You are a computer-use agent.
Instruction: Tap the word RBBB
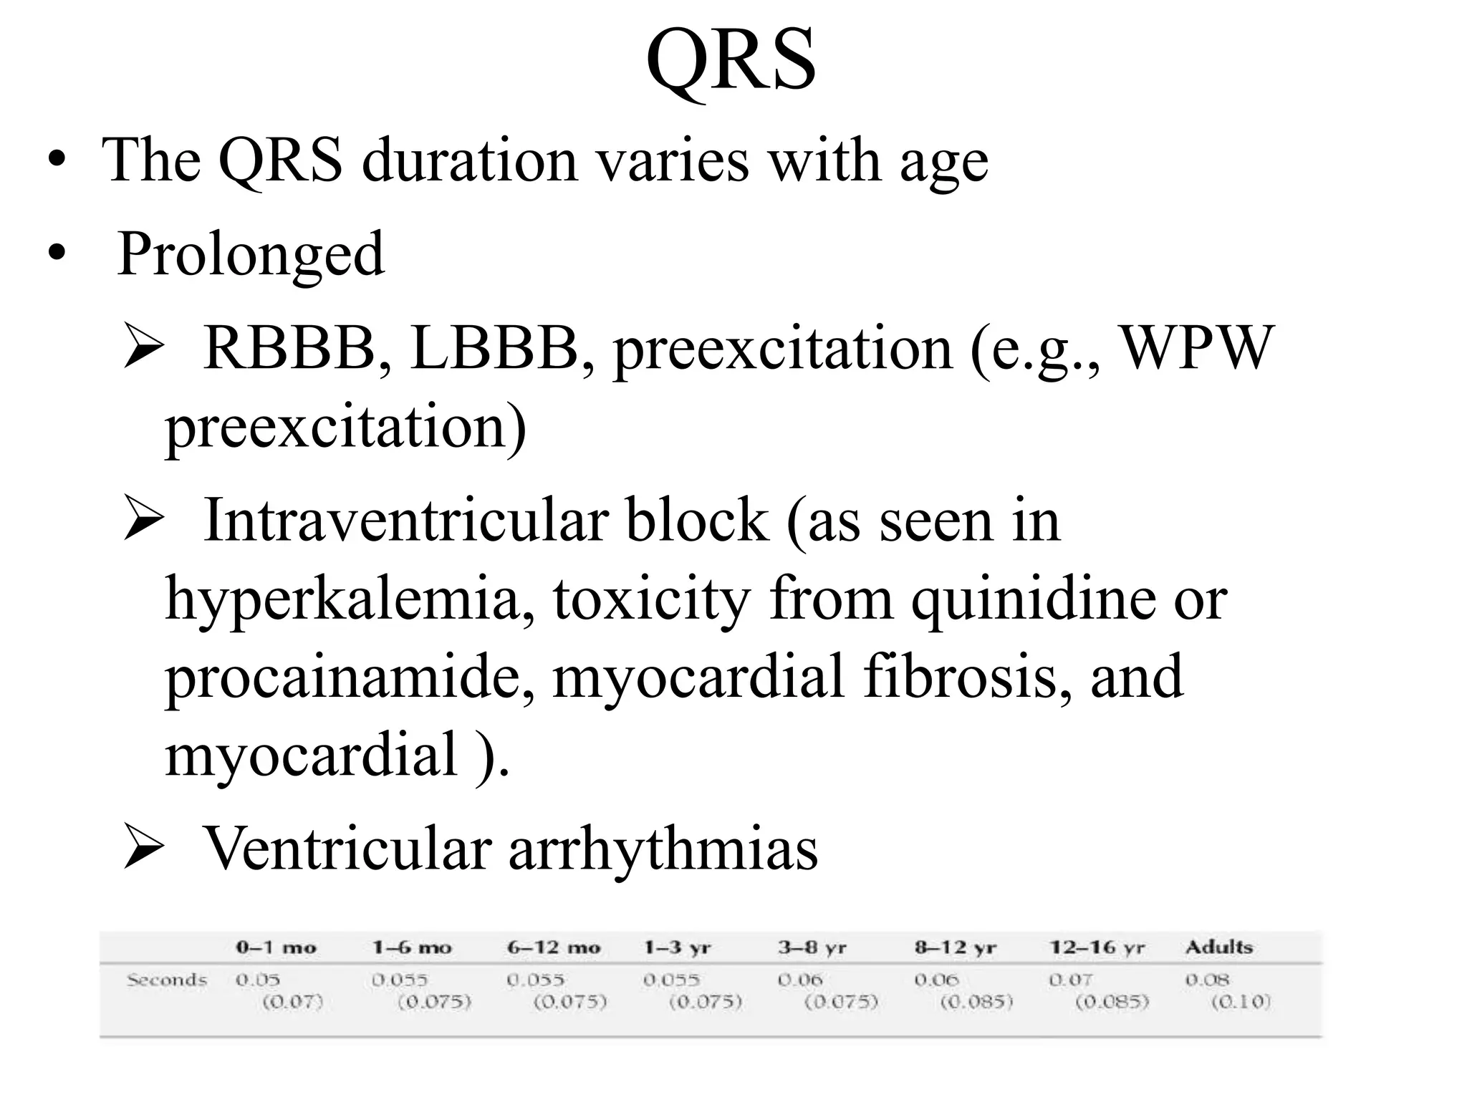point(289,348)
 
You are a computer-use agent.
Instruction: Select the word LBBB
point(494,348)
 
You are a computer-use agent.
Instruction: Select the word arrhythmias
point(663,849)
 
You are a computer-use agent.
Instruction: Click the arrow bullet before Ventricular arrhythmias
point(144,847)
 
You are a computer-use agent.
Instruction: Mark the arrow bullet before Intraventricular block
point(144,519)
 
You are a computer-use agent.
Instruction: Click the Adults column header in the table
point(1218,947)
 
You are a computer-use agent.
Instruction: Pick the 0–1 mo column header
point(276,947)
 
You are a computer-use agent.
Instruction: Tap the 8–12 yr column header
point(955,947)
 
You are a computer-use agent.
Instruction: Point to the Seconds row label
point(166,980)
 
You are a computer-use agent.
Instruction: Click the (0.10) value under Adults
point(1241,1001)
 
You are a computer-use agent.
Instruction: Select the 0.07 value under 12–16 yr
point(1070,979)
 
